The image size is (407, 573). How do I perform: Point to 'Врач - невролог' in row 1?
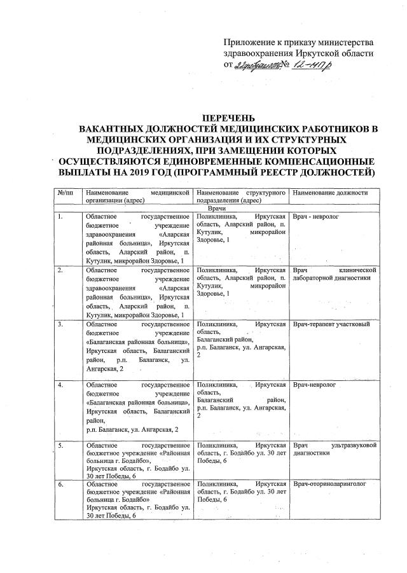[316, 217]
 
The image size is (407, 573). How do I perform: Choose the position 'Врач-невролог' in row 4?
[317, 385]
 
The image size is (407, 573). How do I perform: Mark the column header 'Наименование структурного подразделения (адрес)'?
[240, 195]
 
